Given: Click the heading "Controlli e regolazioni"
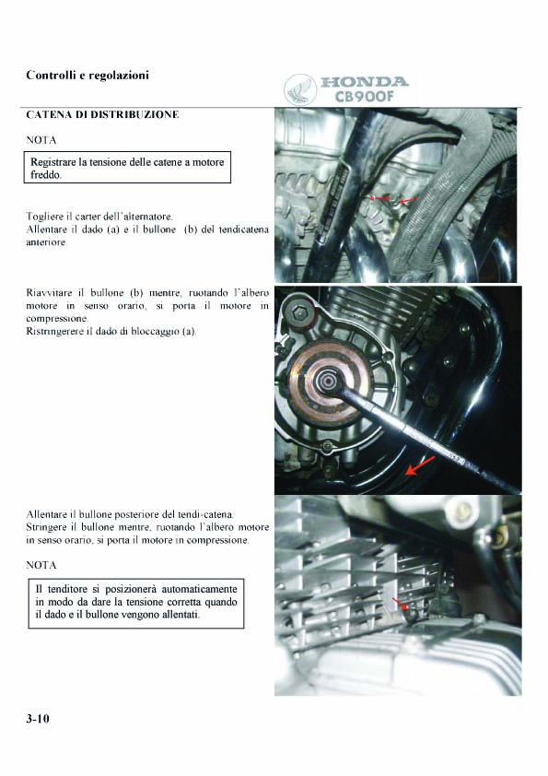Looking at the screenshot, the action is point(87,76).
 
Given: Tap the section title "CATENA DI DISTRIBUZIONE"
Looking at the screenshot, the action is point(102,115).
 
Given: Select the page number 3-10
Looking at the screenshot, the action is point(38,719).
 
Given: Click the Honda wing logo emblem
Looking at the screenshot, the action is point(299,90).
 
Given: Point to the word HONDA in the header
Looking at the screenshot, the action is point(365,82).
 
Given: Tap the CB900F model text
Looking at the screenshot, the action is point(365,96).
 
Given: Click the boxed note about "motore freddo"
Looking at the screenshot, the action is point(128,168).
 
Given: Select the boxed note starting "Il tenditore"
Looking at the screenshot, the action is point(136,604).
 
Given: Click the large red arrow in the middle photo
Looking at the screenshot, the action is point(420,465).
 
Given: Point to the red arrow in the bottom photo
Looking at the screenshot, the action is point(400,604).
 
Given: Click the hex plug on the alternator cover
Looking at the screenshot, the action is point(297,312).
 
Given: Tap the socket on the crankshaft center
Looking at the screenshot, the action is point(327,382).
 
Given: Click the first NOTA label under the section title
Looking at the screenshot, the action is point(41,140).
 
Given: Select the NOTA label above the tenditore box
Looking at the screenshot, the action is point(41,565).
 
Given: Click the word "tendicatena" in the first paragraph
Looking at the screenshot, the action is point(244,229).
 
